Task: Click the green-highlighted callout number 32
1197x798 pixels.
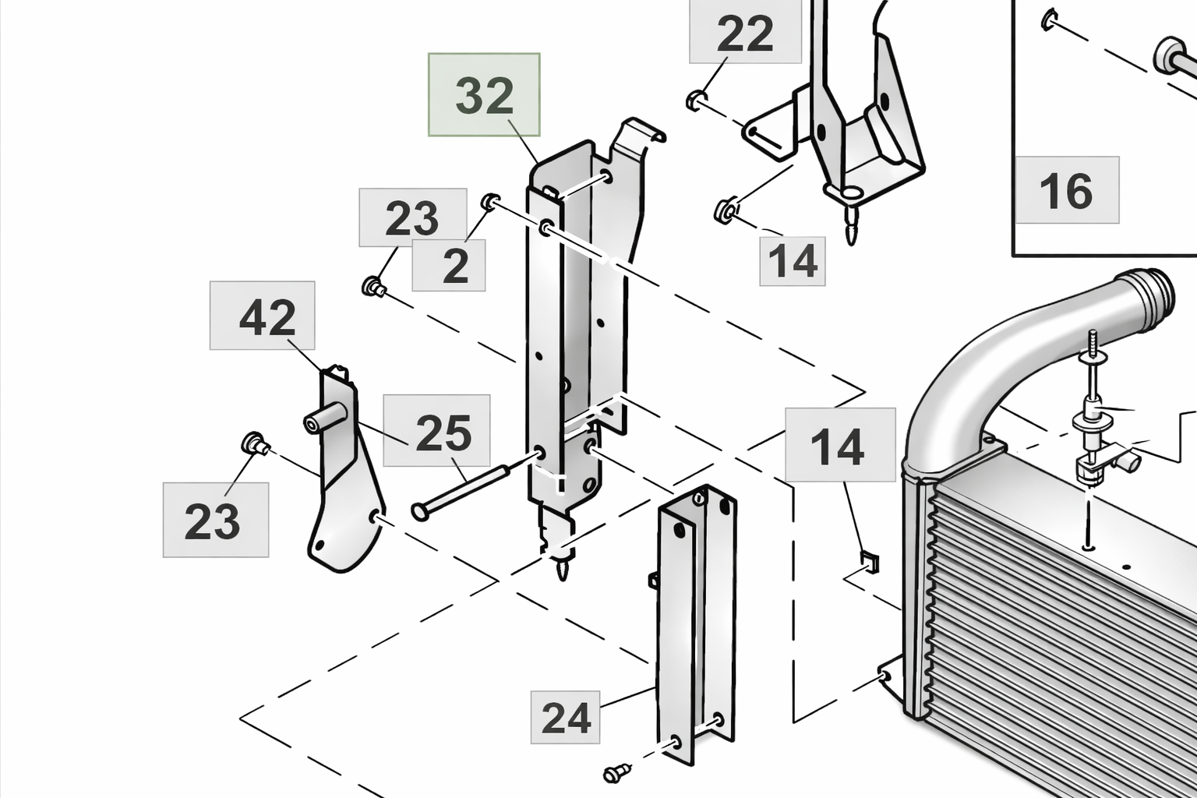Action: (x=484, y=95)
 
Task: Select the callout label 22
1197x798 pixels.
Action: (x=745, y=33)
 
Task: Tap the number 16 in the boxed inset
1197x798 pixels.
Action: (x=1066, y=190)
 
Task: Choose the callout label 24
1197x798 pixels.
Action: (x=566, y=718)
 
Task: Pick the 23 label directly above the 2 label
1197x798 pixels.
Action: (x=412, y=217)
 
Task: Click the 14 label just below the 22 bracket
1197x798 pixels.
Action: (x=793, y=260)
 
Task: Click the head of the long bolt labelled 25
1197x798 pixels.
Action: (x=420, y=512)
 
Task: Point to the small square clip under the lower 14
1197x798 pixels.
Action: (x=868, y=561)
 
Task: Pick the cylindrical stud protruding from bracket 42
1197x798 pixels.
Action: (x=323, y=418)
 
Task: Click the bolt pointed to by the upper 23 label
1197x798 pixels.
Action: (x=374, y=287)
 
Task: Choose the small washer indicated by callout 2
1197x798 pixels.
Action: (x=490, y=202)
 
